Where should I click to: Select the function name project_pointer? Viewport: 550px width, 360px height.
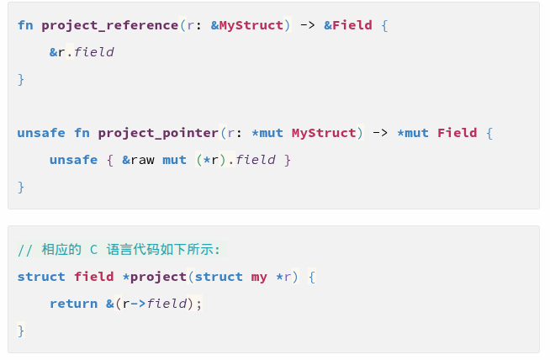coord(158,133)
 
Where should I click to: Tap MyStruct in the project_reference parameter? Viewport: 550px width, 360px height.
coord(251,25)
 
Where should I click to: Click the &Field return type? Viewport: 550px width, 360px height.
coord(348,25)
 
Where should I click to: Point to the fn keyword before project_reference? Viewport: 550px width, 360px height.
coord(25,25)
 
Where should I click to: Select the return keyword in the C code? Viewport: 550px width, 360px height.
coord(73,304)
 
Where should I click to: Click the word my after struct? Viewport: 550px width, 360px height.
coord(259,277)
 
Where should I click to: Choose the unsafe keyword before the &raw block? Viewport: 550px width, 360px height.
coord(73,160)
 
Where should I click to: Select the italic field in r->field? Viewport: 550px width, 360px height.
coord(167,304)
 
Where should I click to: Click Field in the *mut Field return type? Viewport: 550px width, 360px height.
coord(457,133)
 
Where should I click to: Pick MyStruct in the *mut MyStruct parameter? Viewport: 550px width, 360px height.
coord(324,133)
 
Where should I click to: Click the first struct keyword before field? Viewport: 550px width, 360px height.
coord(41,277)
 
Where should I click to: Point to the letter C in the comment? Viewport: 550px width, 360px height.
coord(94,250)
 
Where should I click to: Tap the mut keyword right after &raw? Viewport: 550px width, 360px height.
coord(175,160)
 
